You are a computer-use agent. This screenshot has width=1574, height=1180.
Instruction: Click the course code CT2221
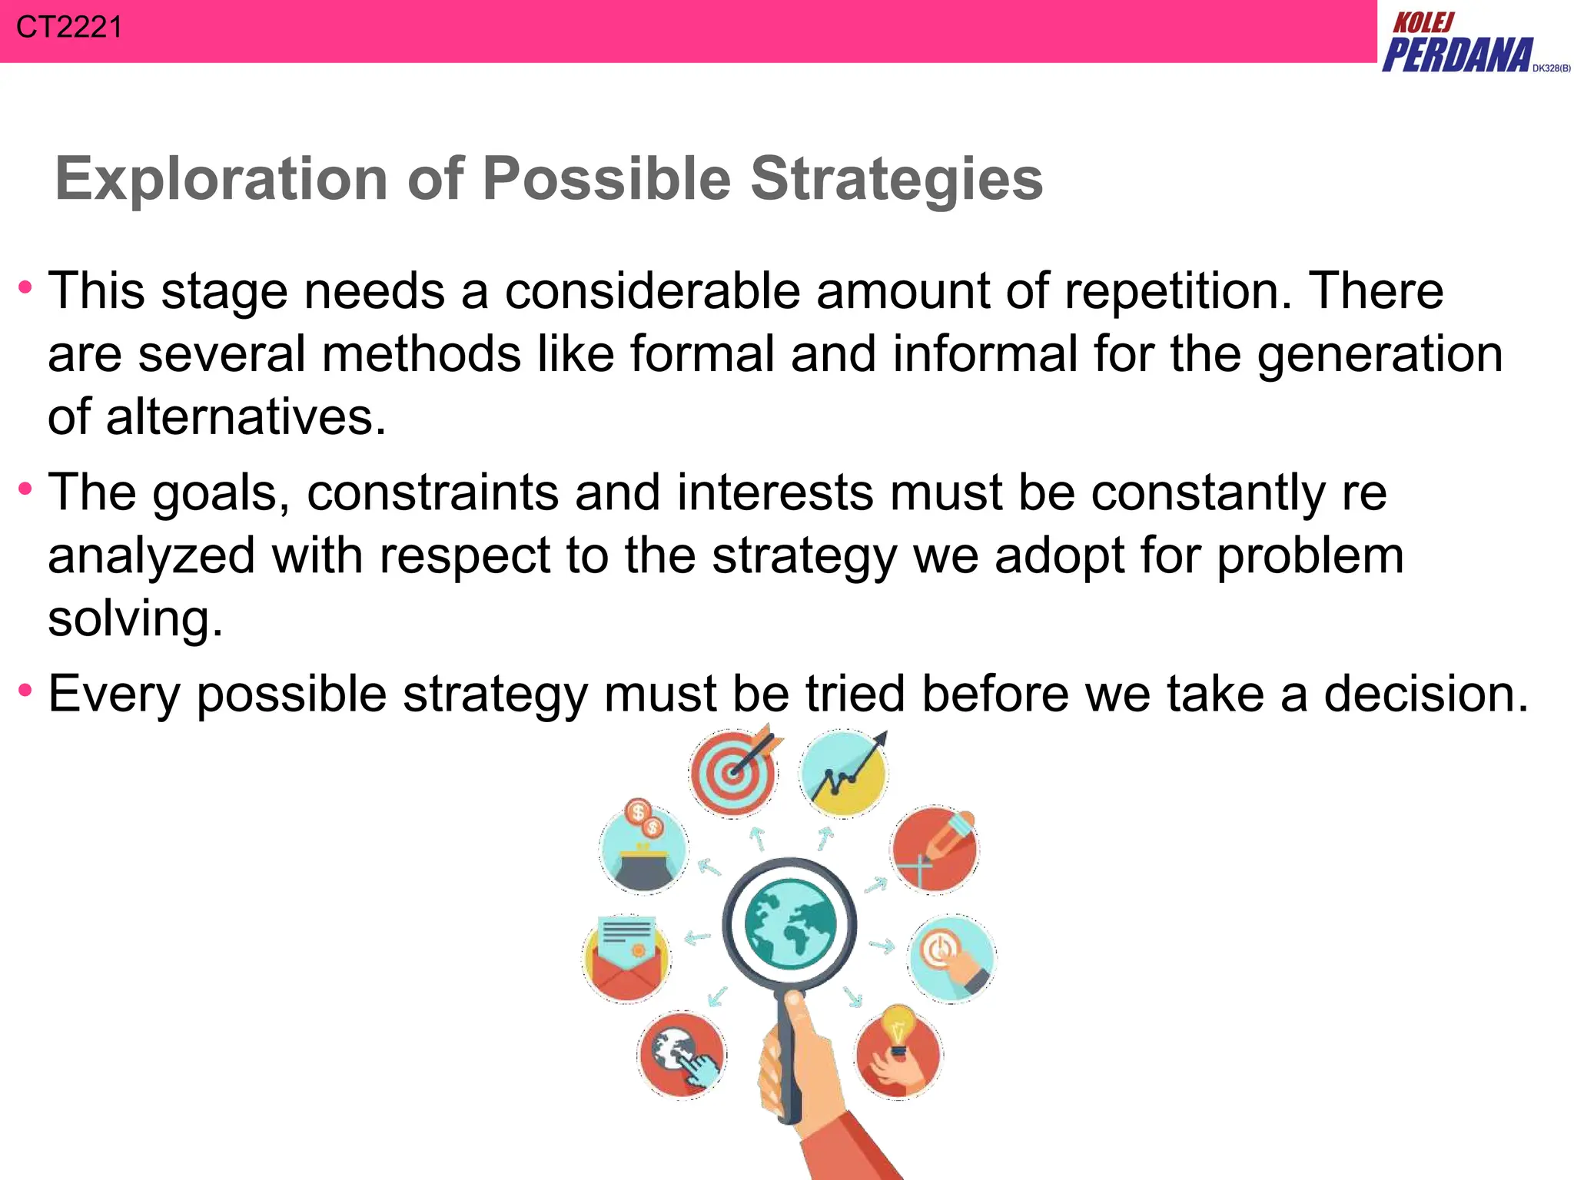[x=69, y=28]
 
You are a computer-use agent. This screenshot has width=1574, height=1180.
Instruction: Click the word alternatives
[x=245, y=417]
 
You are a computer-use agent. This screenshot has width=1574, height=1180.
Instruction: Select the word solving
[x=134, y=618]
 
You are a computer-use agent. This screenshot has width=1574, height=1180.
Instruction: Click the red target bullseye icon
[x=733, y=772]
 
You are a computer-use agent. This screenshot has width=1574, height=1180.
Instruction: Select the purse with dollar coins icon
[x=644, y=850]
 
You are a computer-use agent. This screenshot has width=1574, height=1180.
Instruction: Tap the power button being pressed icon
[x=951, y=958]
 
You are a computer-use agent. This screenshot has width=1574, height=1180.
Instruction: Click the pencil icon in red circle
[x=935, y=850]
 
